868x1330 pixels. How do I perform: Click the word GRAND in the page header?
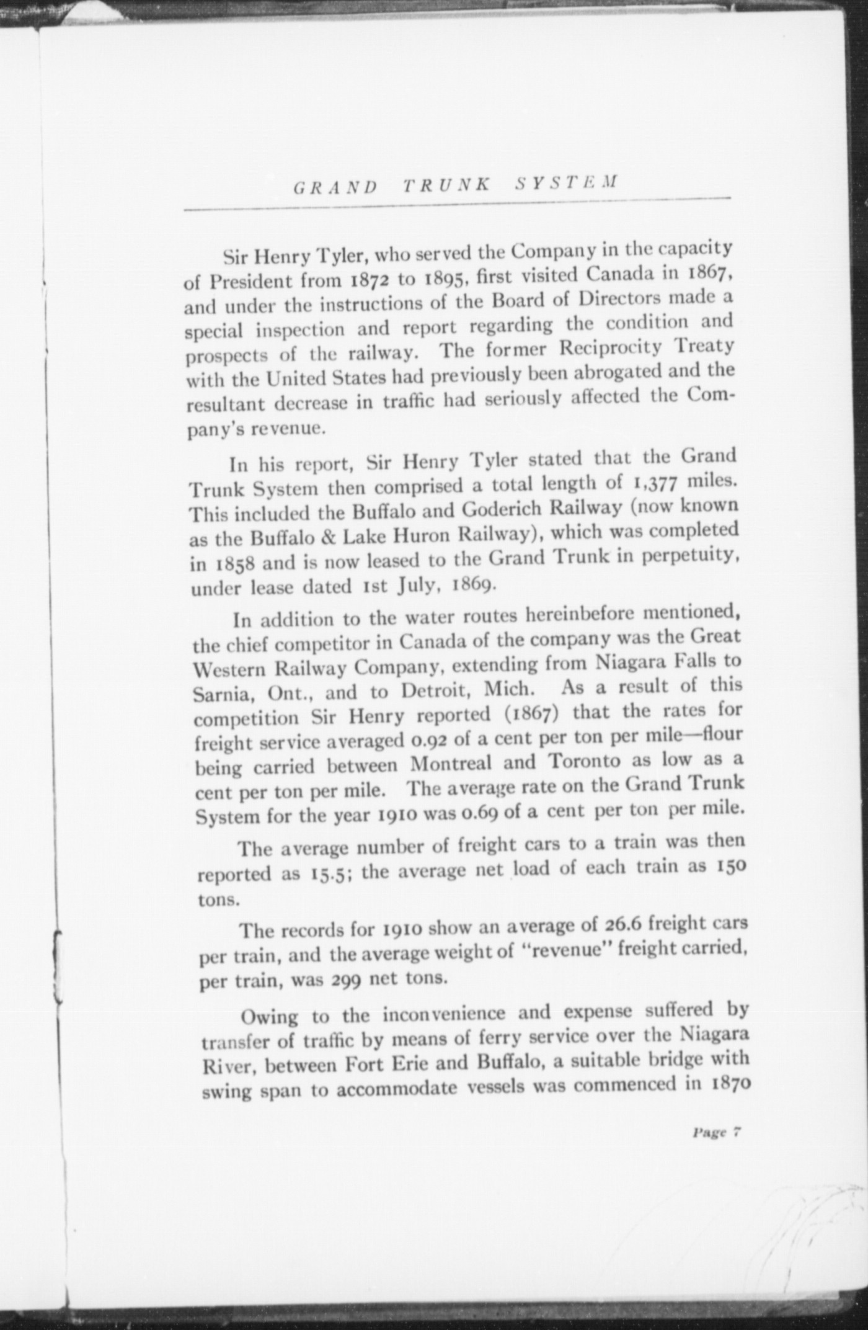335,186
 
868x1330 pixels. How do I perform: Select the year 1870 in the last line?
727,1082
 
